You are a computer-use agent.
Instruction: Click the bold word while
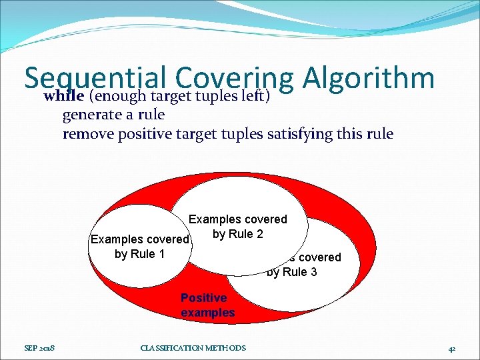(63, 96)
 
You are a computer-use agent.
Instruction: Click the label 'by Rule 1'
(139, 254)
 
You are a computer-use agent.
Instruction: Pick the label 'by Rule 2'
(237, 234)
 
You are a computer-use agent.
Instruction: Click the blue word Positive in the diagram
(203, 298)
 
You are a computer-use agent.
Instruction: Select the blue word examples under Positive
(207, 313)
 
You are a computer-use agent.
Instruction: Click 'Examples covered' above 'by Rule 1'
(140, 239)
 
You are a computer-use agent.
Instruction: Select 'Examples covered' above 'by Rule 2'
(238, 219)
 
